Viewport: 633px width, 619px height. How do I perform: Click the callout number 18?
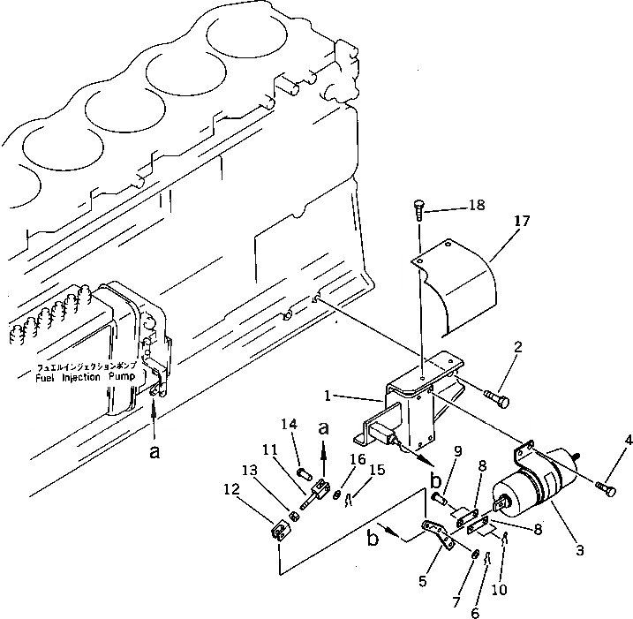[x=478, y=205]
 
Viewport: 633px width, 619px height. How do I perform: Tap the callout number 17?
[x=522, y=221]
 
